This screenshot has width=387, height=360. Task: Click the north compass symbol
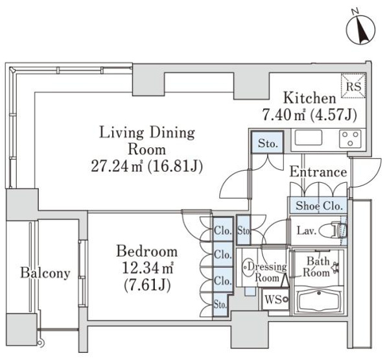click(360, 30)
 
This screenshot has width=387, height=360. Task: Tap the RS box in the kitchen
click(353, 86)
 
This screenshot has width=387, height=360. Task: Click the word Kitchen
click(309, 98)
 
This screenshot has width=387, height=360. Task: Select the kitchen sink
click(309, 138)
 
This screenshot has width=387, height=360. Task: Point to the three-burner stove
click(350, 139)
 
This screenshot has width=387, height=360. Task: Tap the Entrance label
click(318, 172)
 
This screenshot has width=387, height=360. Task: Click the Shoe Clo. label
click(319, 206)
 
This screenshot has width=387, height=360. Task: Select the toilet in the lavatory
click(333, 231)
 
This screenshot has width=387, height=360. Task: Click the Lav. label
click(306, 231)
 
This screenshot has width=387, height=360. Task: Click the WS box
click(276, 300)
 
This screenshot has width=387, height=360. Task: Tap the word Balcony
click(45, 273)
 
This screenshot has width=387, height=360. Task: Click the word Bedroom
click(147, 252)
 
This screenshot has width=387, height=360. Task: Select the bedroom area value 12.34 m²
click(148, 269)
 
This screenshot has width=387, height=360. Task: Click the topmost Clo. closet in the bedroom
click(223, 230)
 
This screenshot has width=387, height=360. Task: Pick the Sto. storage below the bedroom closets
click(220, 304)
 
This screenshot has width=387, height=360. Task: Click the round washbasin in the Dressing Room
click(248, 267)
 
